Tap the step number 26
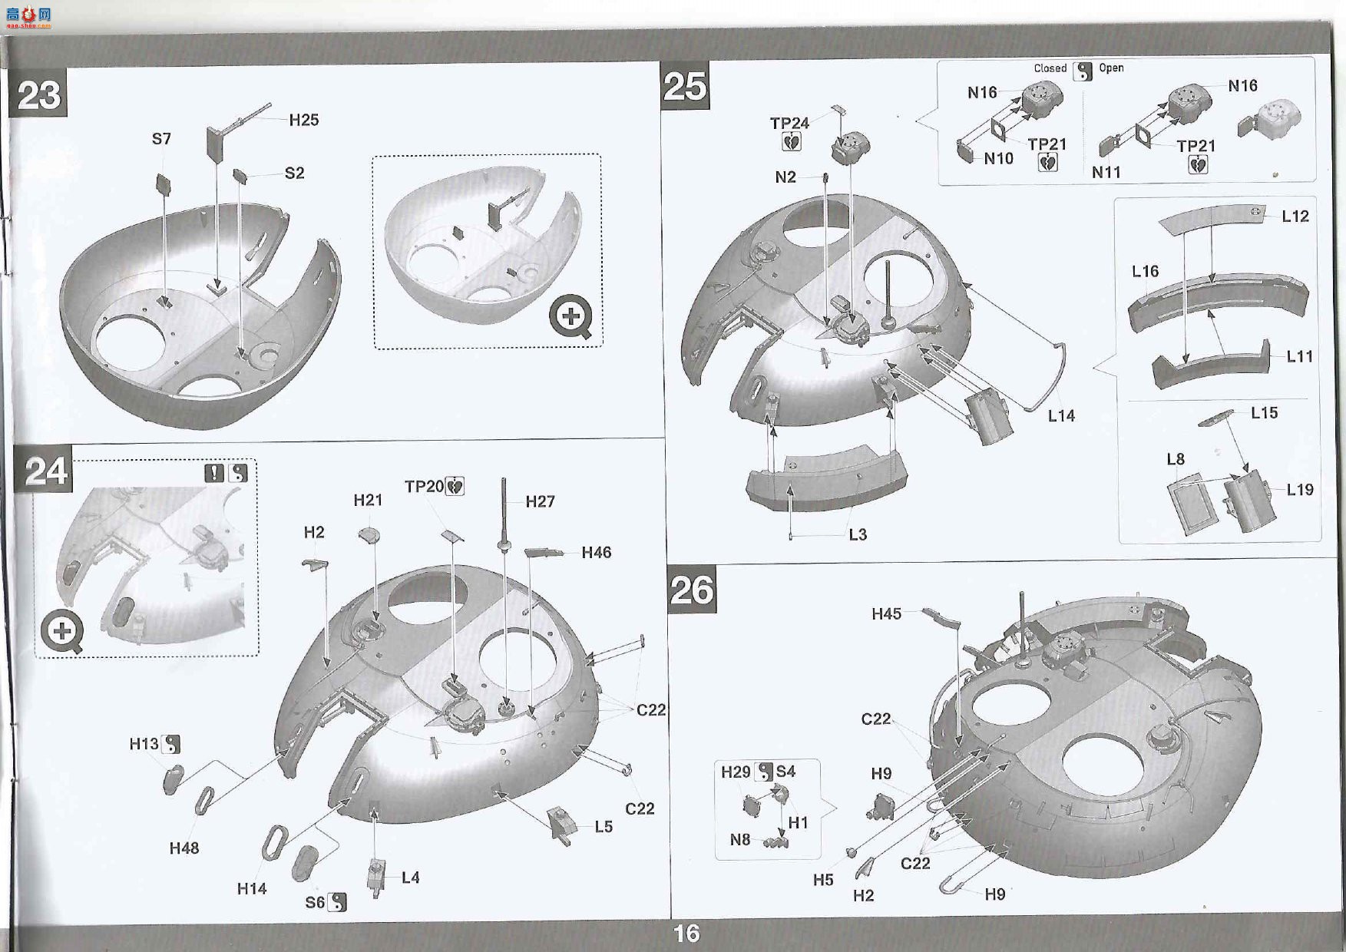coord(692,590)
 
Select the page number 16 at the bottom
coord(686,933)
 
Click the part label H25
coord(304,120)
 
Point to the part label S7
coord(161,139)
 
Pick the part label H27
coord(540,501)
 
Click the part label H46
coord(597,553)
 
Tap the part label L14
coord(1061,415)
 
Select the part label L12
coord(1295,217)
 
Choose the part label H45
coord(886,613)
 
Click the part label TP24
coord(789,123)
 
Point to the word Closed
coord(1050,68)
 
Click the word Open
coord(1111,68)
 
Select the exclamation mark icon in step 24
coord(214,473)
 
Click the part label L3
coord(857,534)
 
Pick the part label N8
coord(740,840)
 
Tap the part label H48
coord(184,848)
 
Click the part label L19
coord(1300,490)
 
